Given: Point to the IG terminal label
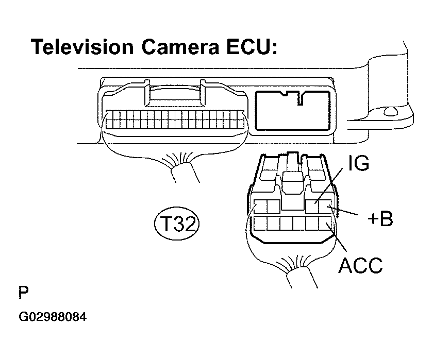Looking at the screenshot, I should coord(358,164).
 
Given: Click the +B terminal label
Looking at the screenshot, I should coord(380,219).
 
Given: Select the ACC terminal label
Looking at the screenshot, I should coord(360,265).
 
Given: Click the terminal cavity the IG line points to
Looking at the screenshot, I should coord(313,207).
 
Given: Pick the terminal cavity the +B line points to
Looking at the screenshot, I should coord(326,207).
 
